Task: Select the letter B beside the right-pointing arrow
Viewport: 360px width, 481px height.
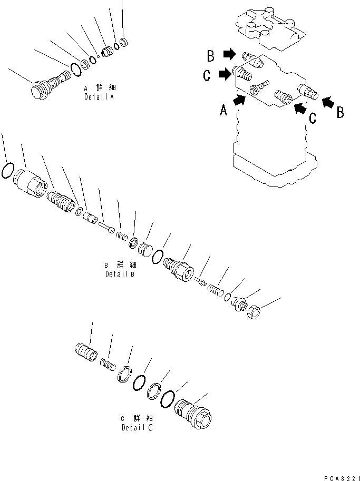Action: tap(210, 54)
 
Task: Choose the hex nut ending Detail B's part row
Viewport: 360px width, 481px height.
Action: tap(253, 312)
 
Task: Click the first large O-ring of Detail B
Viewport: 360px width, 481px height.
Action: tap(7, 170)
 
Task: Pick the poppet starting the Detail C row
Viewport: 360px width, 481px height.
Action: tap(84, 351)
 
